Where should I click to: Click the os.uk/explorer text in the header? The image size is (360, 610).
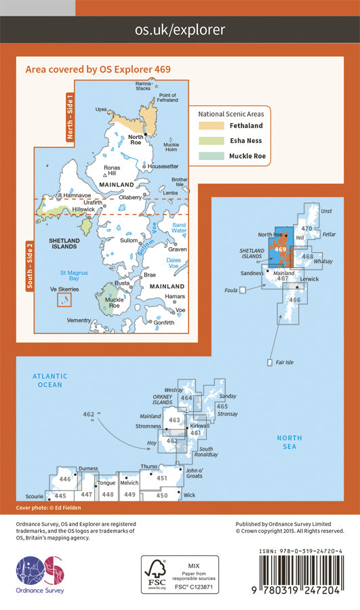pos(180,30)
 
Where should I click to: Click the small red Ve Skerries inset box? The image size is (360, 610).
pos(63,300)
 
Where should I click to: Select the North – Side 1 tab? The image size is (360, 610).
pos(70,117)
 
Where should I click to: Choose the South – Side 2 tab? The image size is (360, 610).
pos(29,266)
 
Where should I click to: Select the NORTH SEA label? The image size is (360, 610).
pos(289,442)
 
